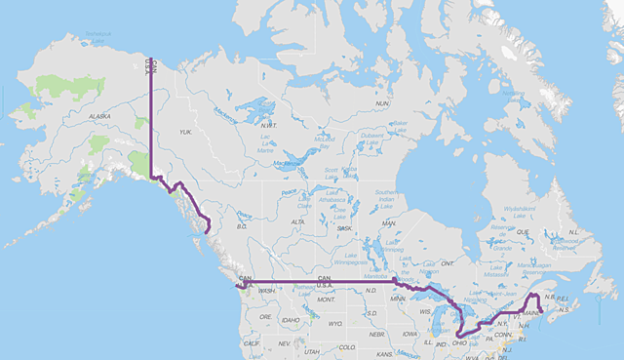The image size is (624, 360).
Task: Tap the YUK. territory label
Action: click(x=187, y=132)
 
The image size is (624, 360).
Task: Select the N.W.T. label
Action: click(x=269, y=125)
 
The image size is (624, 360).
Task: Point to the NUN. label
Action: click(x=382, y=102)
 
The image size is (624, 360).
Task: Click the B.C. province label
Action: click(x=241, y=226)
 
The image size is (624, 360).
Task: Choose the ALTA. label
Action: click(x=298, y=222)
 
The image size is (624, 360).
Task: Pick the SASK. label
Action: click(x=344, y=228)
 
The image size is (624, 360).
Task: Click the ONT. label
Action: click(x=448, y=263)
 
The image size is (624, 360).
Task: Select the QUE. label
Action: click(x=522, y=232)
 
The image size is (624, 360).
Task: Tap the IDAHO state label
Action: click(x=291, y=320)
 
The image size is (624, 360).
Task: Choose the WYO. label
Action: click(x=336, y=323)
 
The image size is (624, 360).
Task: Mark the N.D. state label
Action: click(x=370, y=291)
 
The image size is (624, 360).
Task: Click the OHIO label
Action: click(x=460, y=342)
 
